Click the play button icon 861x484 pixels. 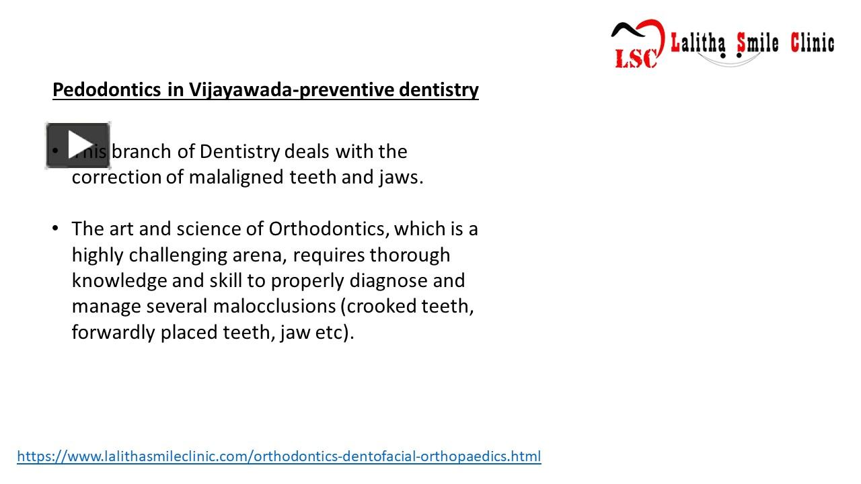(x=78, y=145)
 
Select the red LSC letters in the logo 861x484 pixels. (x=635, y=58)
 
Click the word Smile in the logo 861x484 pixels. (x=758, y=44)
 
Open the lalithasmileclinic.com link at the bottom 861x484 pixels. (x=278, y=456)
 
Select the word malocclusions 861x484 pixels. (x=274, y=307)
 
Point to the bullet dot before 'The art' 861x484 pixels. (x=56, y=229)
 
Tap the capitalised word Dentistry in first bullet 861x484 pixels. (x=239, y=152)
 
